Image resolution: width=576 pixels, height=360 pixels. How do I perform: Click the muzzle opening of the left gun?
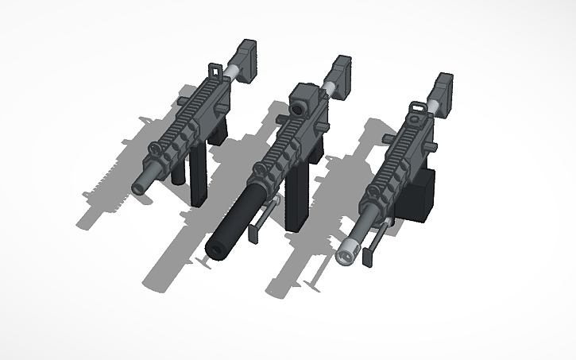coord(139,188)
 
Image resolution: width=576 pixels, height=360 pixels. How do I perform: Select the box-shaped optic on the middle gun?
coord(303,100)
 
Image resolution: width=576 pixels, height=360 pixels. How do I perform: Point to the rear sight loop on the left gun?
coord(212,73)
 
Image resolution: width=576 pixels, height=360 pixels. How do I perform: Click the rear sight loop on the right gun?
coord(416,109)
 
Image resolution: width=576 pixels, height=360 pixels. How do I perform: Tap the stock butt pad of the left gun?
coord(248,60)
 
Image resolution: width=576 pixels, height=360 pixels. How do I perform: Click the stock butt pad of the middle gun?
coord(344,76)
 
